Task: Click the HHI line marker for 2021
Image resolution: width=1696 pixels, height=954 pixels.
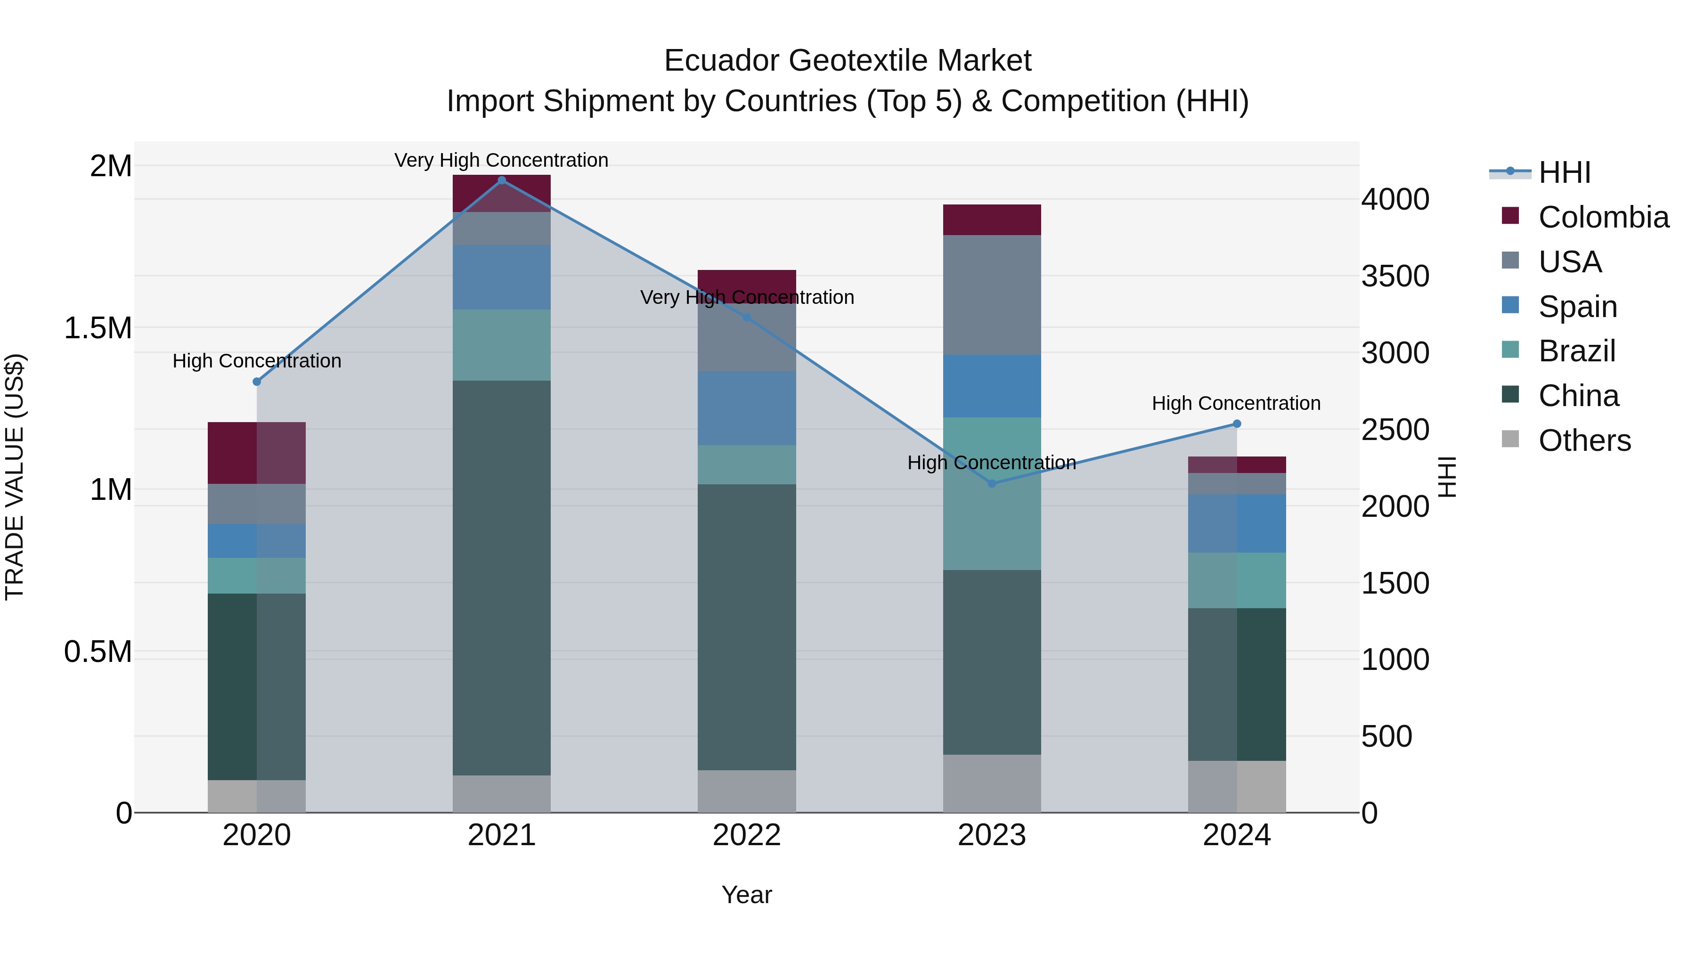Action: tap(502, 180)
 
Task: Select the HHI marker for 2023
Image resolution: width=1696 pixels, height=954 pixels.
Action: tap(992, 484)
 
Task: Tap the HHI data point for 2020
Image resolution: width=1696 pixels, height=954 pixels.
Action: tap(257, 382)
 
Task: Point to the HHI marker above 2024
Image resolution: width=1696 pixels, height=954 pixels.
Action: tap(1237, 424)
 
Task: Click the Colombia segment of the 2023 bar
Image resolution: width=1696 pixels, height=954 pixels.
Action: tap(992, 220)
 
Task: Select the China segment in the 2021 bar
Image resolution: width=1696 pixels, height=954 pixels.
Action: tap(502, 578)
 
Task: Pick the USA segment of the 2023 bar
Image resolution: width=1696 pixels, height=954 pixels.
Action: tap(992, 295)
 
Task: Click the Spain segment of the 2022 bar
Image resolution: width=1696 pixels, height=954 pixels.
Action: tap(747, 408)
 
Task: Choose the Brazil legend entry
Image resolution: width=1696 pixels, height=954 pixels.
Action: tap(1576, 351)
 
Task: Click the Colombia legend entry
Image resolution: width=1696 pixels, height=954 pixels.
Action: tap(1603, 217)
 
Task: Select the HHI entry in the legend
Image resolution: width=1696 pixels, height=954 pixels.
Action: tap(1564, 172)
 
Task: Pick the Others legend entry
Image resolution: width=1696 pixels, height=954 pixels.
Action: tap(1584, 440)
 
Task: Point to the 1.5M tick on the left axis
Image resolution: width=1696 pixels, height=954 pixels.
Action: tap(98, 328)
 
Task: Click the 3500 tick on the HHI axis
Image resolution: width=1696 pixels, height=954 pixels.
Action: tap(1395, 276)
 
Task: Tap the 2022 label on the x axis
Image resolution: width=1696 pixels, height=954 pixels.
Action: tap(747, 835)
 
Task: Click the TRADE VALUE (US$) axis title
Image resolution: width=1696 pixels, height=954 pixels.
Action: tap(15, 477)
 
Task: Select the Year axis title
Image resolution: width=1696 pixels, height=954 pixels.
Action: tap(747, 895)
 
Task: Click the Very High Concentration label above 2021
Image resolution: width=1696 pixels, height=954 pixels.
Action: tap(501, 160)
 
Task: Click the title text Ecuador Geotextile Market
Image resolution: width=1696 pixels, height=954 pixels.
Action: tap(848, 61)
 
